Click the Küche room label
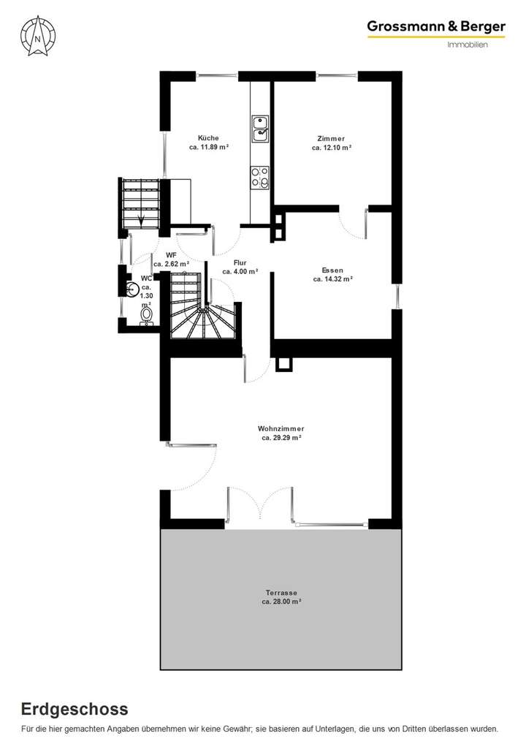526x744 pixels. [208, 138]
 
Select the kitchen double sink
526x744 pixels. [260, 128]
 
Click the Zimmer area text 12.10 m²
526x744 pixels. [332, 148]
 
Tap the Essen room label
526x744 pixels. [332, 270]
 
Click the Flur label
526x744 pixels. [240, 262]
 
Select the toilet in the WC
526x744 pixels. [147, 314]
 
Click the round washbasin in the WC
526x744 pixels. [132, 291]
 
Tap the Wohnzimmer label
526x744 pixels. [281, 428]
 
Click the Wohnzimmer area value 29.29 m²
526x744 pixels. [282, 438]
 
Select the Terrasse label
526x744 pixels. [281, 592]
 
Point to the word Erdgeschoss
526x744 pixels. [75, 709]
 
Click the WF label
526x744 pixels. [171, 254]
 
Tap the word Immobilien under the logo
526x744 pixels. [468, 45]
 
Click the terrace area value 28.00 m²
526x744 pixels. [282, 601]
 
